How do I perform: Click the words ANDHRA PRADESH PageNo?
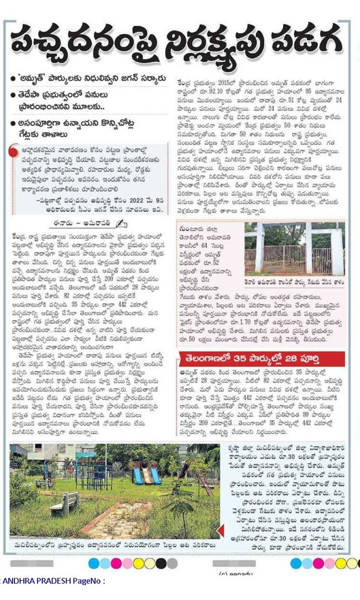point(55,581)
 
